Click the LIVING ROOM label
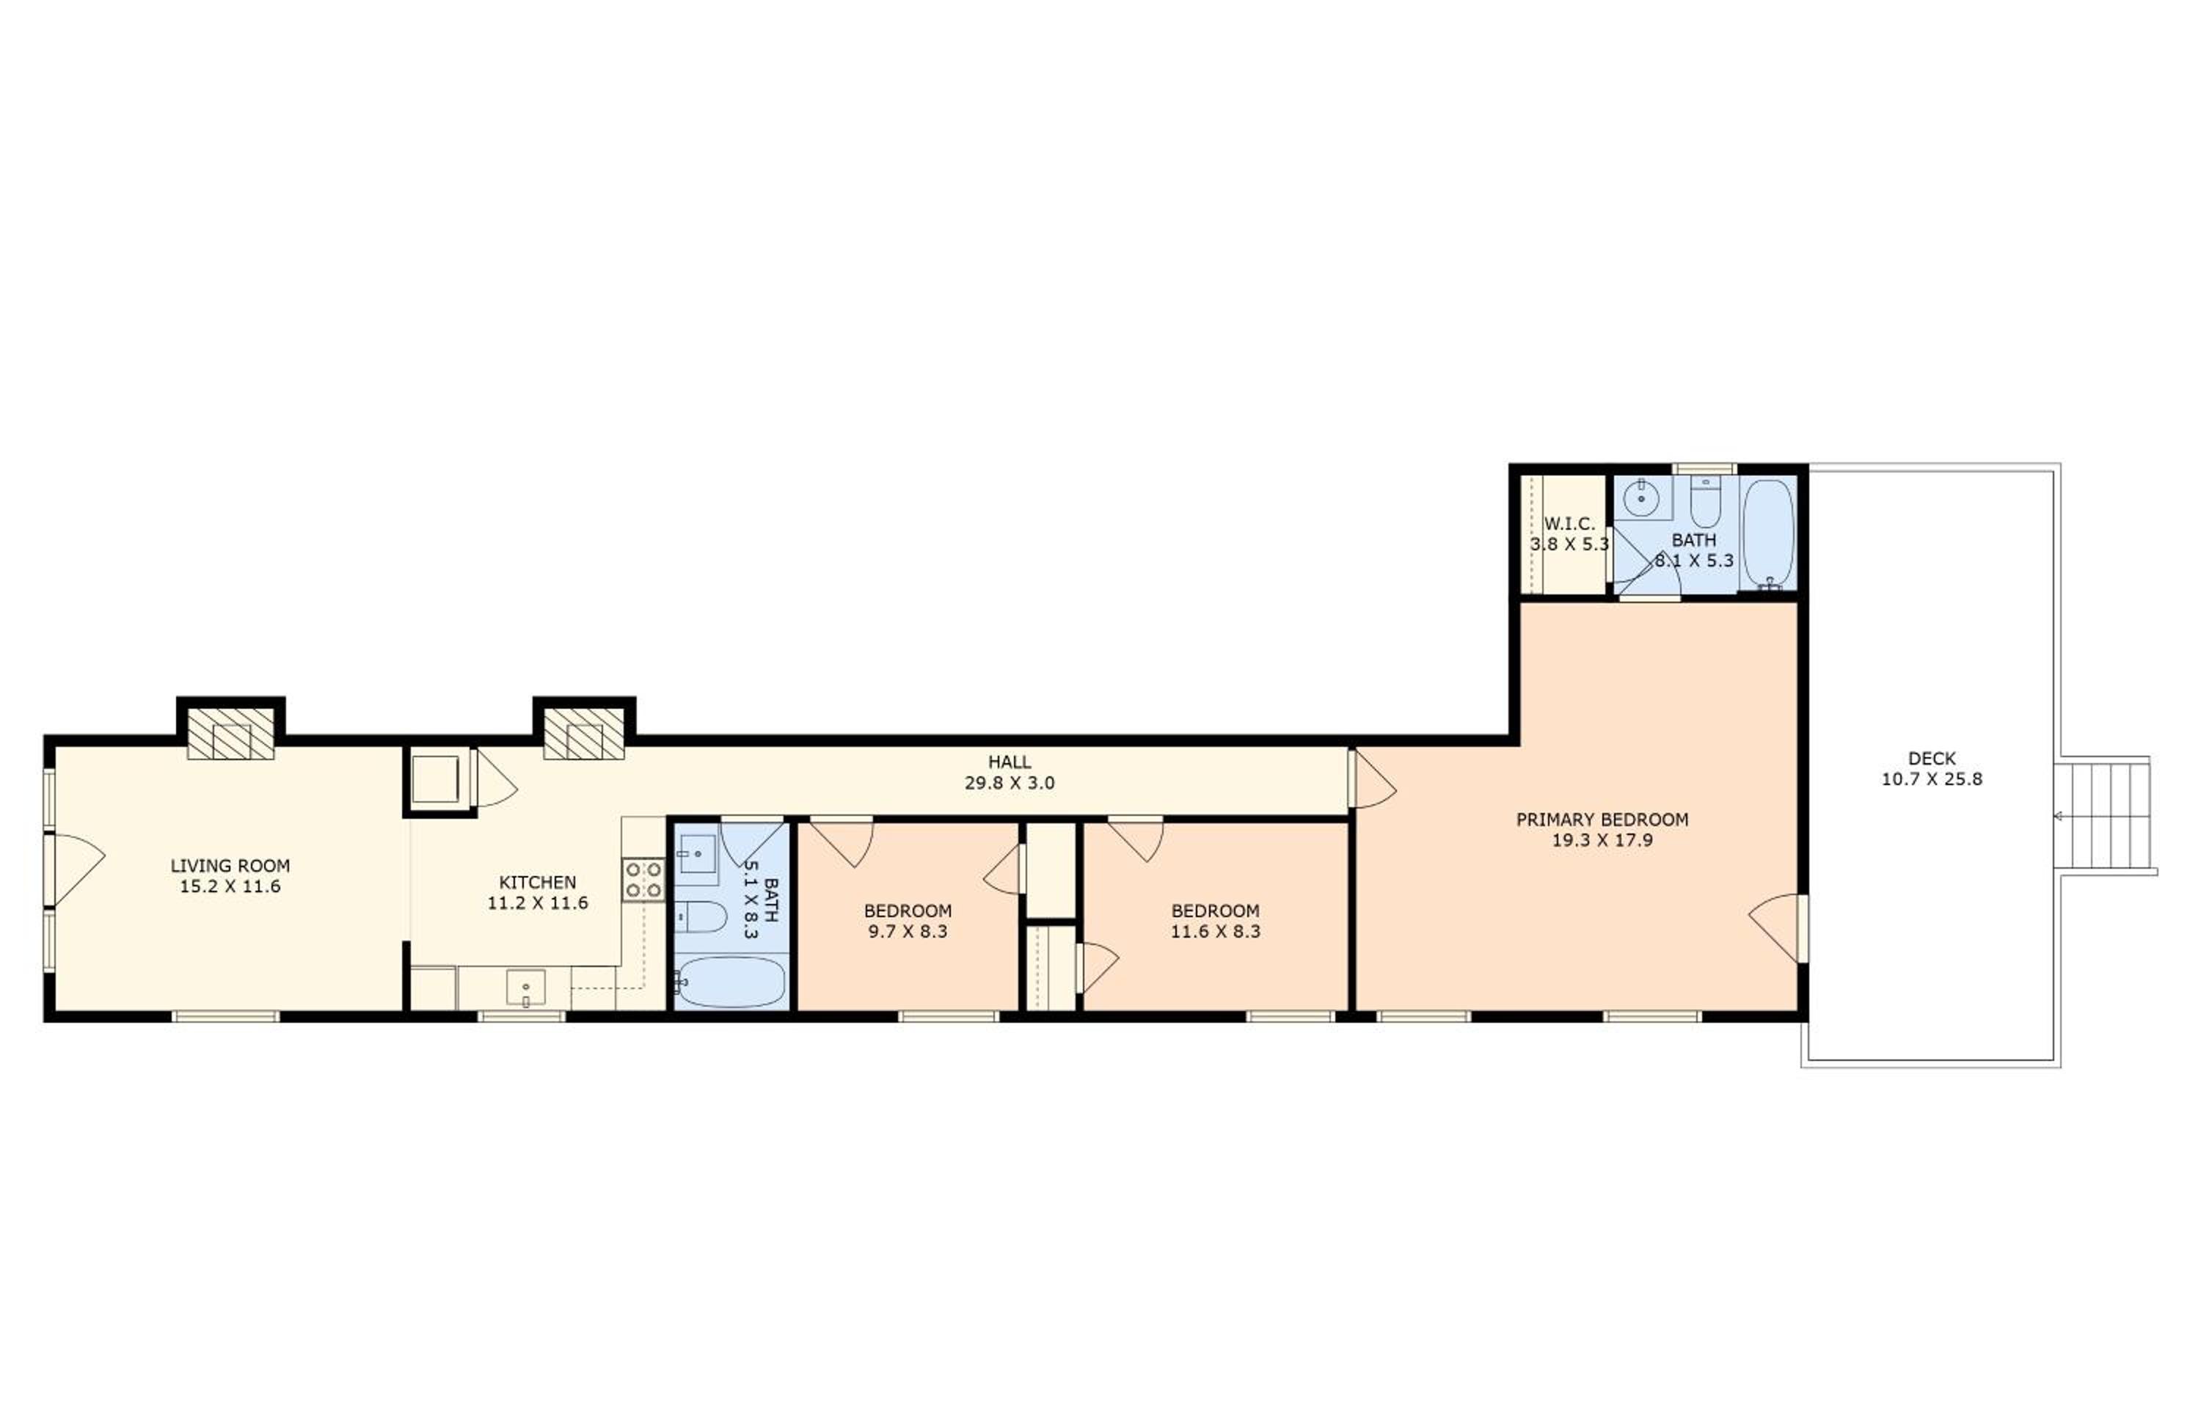(230, 865)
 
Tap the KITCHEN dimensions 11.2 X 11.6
(537, 903)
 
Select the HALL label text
(1010, 762)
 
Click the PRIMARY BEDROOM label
(1602, 819)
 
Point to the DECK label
(1932, 759)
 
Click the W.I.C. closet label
(1569, 525)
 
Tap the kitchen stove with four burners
(643, 879)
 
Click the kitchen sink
(525, 988)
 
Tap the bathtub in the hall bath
(731, 982)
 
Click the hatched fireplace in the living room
(230, 734)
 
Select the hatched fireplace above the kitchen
(585, 734)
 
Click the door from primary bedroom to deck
(1778, 928)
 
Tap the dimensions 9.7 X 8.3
(908, 932)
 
